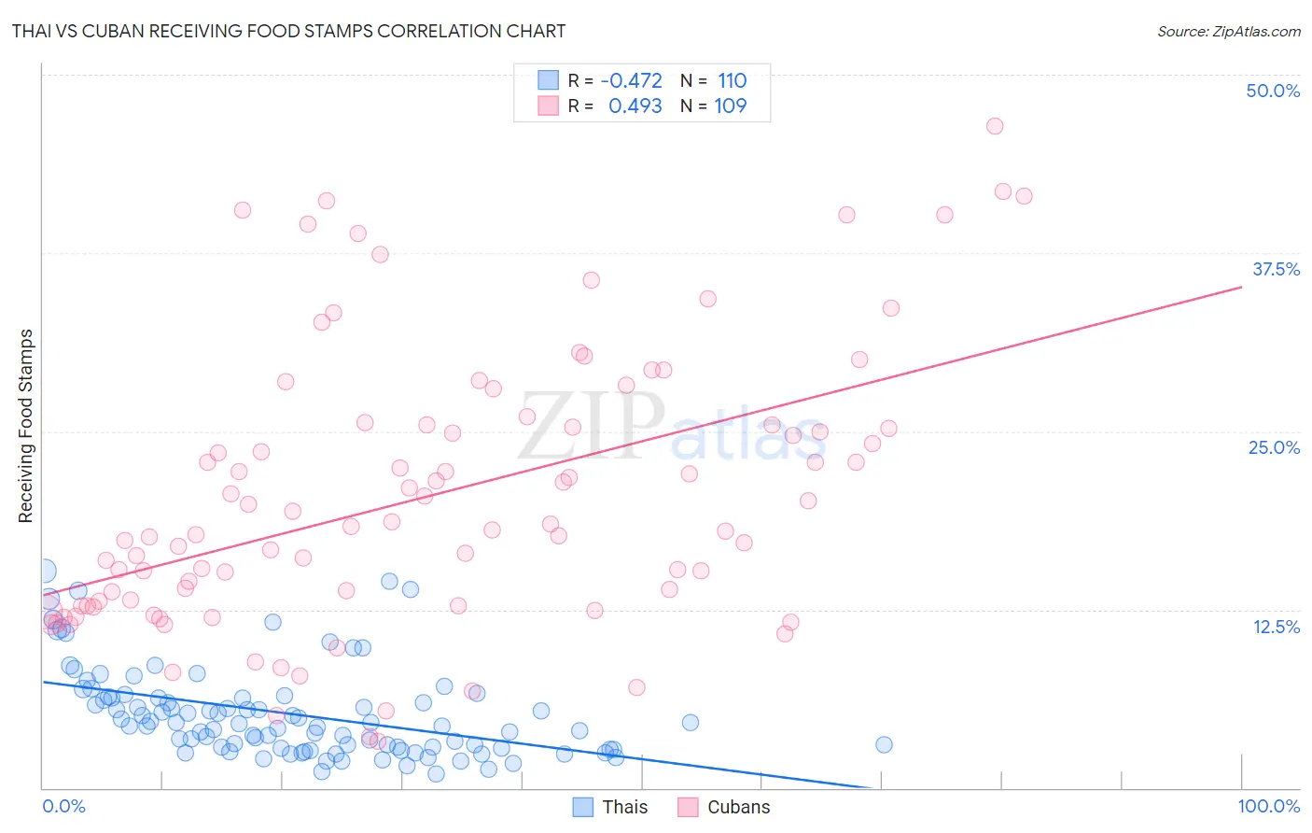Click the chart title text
[288, 31]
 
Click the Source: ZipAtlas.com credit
[1228, 31]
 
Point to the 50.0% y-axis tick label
[1273, 91]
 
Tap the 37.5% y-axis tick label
[1276, 269]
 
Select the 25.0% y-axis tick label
[1274, 447]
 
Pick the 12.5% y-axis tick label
[1276, 626]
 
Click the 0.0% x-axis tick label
[63, 806]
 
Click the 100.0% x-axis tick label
[1269, 806]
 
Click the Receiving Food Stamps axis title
[25, 426]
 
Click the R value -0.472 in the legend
[631, 80]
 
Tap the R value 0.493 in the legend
[635, 106]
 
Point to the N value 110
[732, 80]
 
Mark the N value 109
[730, 106]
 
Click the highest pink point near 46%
[995, 126]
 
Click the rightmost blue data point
[884, 744]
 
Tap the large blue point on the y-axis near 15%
[44, 571]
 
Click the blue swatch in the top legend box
[548, 80]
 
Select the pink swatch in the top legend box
[548, 106]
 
